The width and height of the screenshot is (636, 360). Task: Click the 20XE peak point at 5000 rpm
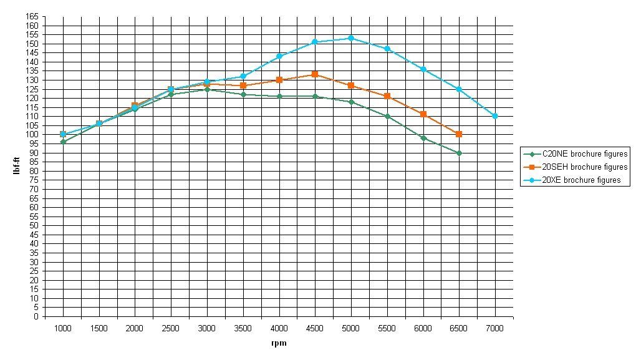350,38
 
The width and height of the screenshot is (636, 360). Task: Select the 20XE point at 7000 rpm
494,116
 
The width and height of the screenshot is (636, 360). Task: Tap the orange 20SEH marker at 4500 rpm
315,74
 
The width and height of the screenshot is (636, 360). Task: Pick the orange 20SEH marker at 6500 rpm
459,134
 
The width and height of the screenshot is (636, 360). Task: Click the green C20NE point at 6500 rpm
459,153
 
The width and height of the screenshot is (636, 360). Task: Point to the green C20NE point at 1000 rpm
63,142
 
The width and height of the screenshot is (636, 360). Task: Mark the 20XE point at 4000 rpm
279,56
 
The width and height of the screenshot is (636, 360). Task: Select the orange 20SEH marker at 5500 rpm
387,96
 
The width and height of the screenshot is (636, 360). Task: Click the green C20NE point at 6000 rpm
423,138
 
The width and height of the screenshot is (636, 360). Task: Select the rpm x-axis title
279,343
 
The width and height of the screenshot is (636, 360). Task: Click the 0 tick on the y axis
36,316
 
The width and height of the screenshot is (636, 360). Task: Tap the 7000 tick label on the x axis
494,328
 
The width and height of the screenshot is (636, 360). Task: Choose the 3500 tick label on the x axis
243,328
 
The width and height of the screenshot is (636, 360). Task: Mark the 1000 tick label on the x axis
63,328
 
